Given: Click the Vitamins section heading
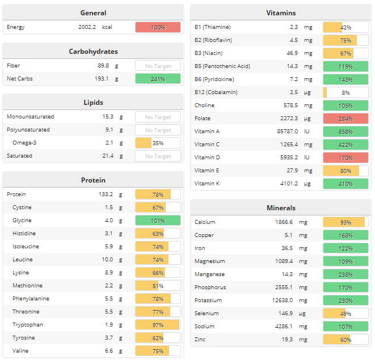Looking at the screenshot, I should (281, 13).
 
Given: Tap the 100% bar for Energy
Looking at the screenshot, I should (158, 27).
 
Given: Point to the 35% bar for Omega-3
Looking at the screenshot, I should (158, 143).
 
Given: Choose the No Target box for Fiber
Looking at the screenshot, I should (158, 66).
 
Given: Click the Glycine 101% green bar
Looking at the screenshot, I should (158, 221).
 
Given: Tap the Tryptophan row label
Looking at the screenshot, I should (28, 325).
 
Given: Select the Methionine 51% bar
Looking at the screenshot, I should (158, 286).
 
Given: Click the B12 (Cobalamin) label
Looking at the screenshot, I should (216, 92).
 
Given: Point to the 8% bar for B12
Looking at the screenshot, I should (345, 92).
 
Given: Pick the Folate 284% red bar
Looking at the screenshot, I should (345, 118).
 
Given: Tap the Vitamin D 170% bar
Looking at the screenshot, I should (345, 158).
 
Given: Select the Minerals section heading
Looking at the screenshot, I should (281, 208).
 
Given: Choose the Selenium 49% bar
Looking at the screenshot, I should (345, 314).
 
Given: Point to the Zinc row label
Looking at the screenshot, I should (200, 340).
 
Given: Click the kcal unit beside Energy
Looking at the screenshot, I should (107, 27).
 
